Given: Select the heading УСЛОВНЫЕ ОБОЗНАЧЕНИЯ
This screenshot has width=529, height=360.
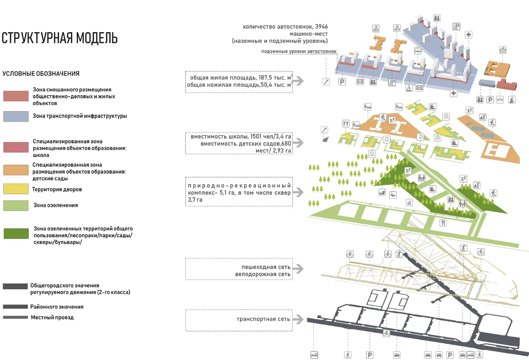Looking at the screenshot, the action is (41, 74).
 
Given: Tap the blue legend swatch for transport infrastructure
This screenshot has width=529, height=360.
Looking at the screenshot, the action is (16, 116).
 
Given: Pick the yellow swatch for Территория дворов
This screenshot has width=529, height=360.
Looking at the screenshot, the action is (16, 189).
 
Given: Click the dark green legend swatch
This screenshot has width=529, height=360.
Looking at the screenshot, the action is (16, 233).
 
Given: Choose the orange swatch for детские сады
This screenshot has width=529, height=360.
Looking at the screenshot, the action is (16, 170).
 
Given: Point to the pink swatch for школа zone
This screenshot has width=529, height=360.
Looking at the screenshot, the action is (16, 147).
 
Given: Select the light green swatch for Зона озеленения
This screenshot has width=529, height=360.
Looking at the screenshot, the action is (16, 205).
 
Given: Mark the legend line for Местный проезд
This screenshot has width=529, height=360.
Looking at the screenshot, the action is (15, 318).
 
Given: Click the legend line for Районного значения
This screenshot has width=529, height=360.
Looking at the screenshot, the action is (15, 307).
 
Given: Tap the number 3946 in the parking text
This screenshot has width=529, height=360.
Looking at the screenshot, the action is (322, 26).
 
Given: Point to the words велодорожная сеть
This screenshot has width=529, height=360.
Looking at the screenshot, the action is (263, 274).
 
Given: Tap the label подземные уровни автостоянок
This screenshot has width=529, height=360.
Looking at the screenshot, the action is (299, 51).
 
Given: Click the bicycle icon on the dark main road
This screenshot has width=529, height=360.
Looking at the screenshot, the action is (387, 333).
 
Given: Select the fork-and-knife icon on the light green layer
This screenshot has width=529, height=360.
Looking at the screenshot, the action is (443, 223).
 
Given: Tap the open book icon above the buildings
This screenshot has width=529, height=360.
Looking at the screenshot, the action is (418, 50).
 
